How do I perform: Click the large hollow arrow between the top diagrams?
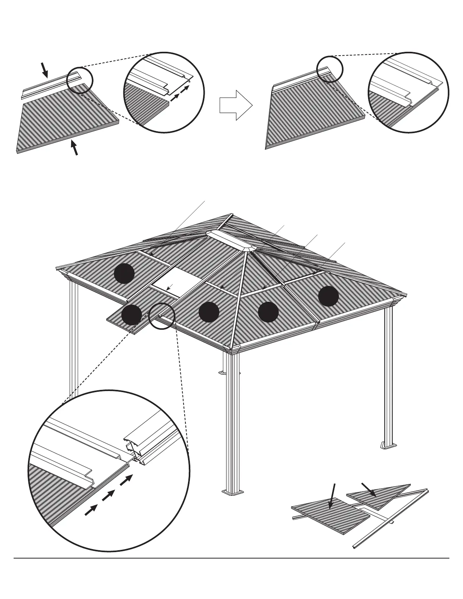[x=236, y=105]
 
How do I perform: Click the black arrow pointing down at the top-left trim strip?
[x=45, y=70]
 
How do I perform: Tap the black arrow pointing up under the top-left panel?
[x=75, y=147]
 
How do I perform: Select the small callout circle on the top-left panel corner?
[x=79, y=80]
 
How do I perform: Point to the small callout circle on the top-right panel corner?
[x=329, y=69]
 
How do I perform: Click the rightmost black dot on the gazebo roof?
[x=328, y=296]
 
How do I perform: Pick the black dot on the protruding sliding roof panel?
[x=132, y=315]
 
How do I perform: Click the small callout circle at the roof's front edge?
[x=162, y=316]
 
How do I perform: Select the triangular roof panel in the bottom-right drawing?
[x=382, y=492]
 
